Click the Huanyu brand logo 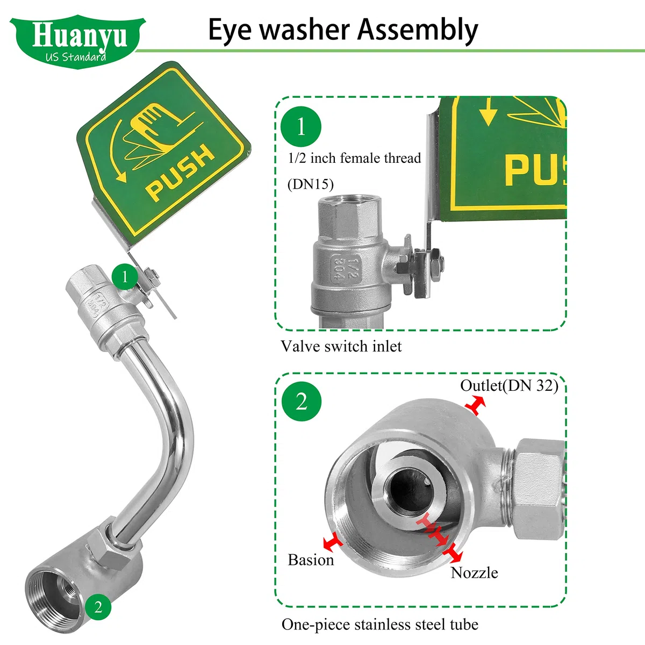[77, 42]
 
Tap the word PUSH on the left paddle [180, 173]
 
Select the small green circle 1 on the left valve [125, 277]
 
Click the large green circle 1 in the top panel [301, 126]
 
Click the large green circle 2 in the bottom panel [301, 402]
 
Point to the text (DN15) [311, 184]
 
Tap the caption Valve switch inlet [341, 347]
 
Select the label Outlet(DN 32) [509, 385]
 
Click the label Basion [311, 560]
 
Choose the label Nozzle [474, 572]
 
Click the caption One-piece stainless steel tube [380, 625]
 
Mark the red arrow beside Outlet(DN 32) [475, 405]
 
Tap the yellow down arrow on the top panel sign [489, 111]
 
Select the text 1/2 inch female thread [354, 159]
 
